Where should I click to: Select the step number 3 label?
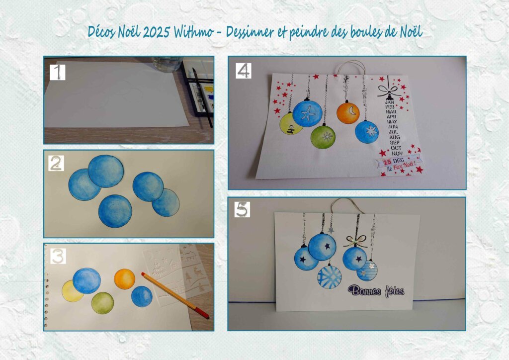(x=58, y=256)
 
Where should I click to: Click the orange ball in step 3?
(x=125, y=279)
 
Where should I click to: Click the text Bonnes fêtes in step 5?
(x=376, y=291)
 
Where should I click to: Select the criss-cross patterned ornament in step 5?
(x=330, y=277)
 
